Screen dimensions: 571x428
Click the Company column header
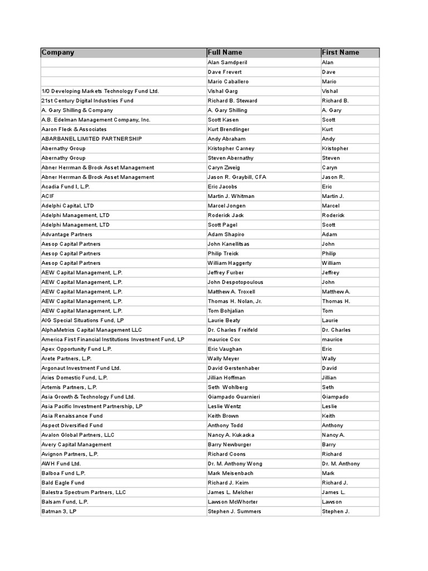(x=58, y=52)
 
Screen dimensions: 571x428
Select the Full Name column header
(x=225, y=52)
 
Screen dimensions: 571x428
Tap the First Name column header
(x=341, y=52)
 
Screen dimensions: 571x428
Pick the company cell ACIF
(x=47, y=196)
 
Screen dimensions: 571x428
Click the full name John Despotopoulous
(x=235, y=282)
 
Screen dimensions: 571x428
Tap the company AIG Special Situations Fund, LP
(x=82, y=320)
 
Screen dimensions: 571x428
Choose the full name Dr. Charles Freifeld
(x=232, y=330)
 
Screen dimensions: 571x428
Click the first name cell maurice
(x=332, y=340)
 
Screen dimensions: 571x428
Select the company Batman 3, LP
(x=59, y=511)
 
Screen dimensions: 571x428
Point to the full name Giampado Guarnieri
(x=234, y=396)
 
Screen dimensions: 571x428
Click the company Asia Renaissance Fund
(x=72, y=416)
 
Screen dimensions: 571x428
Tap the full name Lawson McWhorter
(x=233, y=502)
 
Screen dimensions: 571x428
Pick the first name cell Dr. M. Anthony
(x=341, y=463)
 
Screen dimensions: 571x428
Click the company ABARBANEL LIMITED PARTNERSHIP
(x=91, y=139)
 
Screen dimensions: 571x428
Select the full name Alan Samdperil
(x=227, y=62)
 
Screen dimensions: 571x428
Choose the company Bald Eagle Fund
(x=63, y=482)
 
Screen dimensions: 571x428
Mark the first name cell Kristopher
(x=335, y=148)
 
